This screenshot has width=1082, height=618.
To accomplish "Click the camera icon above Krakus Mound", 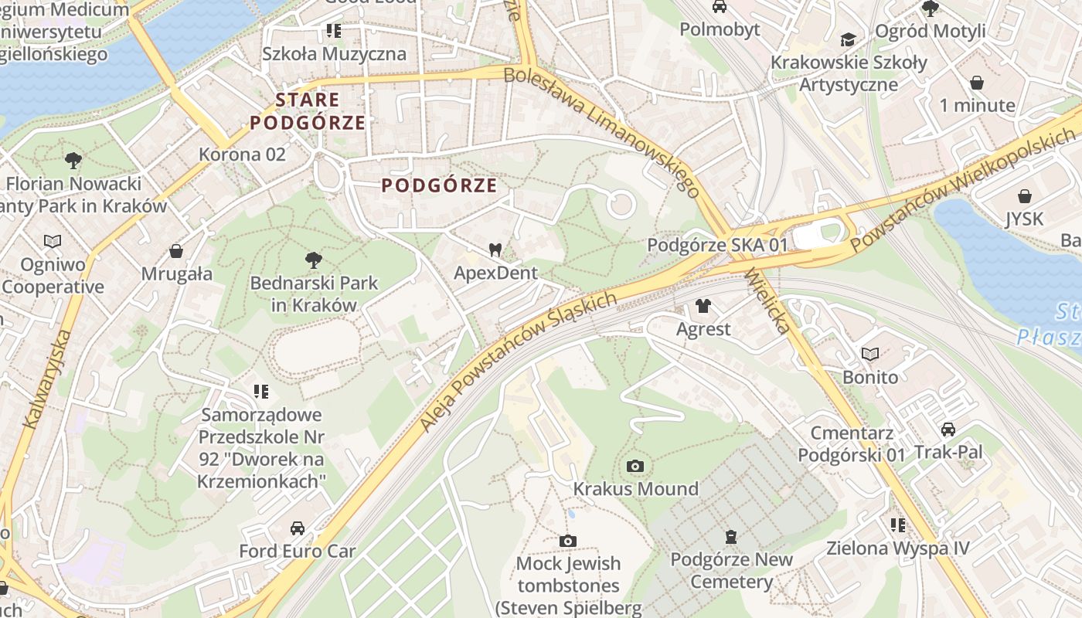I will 635,466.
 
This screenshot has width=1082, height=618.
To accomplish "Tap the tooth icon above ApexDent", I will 495,250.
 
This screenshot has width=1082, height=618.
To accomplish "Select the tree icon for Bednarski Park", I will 314,260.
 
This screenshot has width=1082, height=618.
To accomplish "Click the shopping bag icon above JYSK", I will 1025,196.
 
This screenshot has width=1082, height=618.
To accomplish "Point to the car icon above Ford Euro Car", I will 297,528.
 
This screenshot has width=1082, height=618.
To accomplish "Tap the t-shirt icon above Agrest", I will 703,306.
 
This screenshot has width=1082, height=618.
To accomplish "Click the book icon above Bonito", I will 870,355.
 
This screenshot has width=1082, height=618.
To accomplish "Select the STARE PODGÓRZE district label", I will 308,110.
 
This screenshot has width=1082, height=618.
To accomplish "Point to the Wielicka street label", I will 767,301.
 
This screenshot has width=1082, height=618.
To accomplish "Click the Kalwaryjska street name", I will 48,379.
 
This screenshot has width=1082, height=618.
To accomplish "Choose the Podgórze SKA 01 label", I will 716,245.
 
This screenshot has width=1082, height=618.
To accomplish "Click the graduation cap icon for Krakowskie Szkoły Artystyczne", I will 849,39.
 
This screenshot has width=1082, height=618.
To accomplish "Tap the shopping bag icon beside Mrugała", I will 176,251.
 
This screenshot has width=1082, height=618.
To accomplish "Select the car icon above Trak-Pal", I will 948,429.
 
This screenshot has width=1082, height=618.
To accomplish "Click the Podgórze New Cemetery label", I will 731,570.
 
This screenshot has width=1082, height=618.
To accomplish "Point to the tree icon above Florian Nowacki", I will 73,161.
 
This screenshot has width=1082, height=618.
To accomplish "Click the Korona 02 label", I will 242,154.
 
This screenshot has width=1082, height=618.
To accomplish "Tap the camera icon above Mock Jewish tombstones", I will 568,541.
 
